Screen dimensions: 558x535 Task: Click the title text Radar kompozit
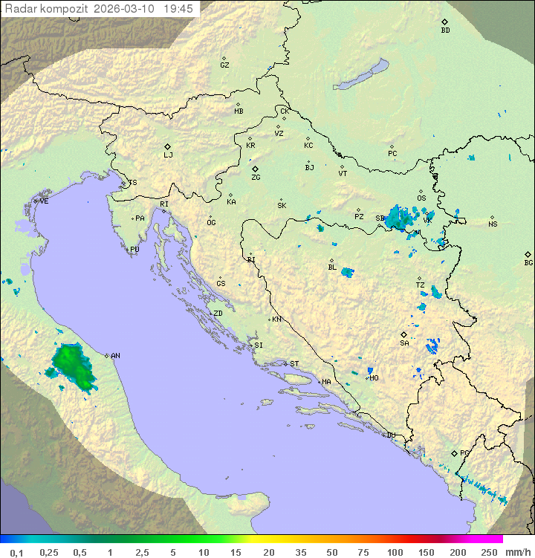pyautogui.click(x=47, y=9)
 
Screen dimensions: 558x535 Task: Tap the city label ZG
pyautogui.click(x=256, y=178)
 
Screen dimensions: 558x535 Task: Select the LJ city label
pyautogui.click(x=168, y=155)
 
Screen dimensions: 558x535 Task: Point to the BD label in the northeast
pyautogui.click(x=445, y=30)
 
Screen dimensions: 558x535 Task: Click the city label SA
pyautogui.click(x=404, y=343)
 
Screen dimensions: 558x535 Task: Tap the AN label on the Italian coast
pyautogui.click(x=115, y=356)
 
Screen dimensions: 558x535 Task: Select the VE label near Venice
pyautogui.click(x=44, y=201)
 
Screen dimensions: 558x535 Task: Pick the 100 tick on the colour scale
pyautogui.click(x=394, y=552)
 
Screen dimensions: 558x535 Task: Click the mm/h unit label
pyautogui.click(x=516, y=552)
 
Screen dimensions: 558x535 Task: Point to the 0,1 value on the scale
pyautogui.click(x=16, y=552)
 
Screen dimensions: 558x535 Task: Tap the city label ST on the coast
pyautogui.click(x=294, y=364)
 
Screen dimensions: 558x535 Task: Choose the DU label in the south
pyautogui.click(x=390, y=435)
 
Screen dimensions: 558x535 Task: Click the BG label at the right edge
pyautogui.click(x=528, y=262)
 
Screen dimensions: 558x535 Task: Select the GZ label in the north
pyautogui.click(x=224, y=65)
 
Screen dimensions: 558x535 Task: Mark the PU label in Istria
pyautogui.click(x=134, y=250)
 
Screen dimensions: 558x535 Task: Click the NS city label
pyautogui.click(x=493, y=224)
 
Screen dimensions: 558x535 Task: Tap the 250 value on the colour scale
pyautogui.click(x=489, y=552)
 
